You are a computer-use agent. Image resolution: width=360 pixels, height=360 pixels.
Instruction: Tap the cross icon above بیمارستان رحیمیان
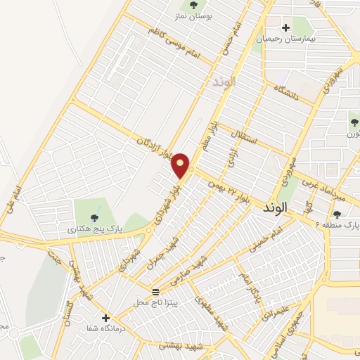point(285,28)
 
